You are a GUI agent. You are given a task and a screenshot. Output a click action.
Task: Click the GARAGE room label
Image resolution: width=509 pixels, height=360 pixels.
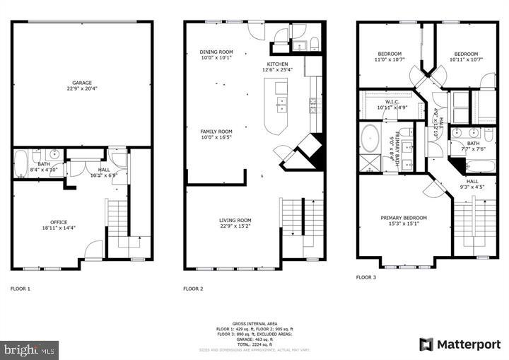pos(81,83)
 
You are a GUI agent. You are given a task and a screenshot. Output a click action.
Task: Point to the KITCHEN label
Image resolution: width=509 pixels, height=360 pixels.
pos(277,64)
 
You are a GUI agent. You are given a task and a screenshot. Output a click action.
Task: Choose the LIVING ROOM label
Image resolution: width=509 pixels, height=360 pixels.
pos(235,221)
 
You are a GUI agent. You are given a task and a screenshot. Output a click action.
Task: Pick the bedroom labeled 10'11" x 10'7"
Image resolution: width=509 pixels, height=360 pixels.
pos(466,54)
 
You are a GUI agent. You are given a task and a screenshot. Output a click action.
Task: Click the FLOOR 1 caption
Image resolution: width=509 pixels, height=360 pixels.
pos(21,289)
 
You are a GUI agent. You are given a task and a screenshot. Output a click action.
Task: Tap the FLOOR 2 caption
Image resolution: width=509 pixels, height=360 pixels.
pos(193,289)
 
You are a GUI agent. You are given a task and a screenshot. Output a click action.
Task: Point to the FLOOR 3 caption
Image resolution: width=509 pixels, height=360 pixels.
pos(367,278)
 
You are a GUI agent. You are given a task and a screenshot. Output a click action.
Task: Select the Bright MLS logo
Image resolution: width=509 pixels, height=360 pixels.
pos(30,349)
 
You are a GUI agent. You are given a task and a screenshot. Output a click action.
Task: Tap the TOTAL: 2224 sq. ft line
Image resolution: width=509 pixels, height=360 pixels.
pos(254,344)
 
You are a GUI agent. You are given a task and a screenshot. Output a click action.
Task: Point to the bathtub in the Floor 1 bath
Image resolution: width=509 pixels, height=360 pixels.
pos(21,162)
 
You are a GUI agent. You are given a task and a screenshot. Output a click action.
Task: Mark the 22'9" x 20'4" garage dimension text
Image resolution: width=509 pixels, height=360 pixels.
pos(81,89)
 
